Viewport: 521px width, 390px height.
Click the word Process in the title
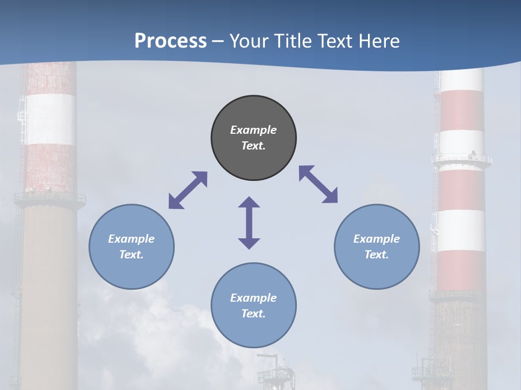pos(170,41)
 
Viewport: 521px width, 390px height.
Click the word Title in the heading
pos(288,41)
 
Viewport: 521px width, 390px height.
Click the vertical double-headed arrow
pos(249,223)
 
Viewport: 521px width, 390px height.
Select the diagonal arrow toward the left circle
pos(188,190)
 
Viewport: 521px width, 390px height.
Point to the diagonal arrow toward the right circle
pos(318,184)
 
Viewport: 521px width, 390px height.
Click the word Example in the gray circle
pos(253,130)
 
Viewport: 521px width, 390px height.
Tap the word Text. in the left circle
pos(131,255)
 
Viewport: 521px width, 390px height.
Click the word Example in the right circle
pos(377,239)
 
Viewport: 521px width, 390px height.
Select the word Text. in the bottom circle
pos(253,314)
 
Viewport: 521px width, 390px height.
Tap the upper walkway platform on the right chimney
pos(462,160)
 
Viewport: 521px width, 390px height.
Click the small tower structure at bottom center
pos(276,374)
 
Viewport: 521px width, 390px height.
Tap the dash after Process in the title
pos(218,42)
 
